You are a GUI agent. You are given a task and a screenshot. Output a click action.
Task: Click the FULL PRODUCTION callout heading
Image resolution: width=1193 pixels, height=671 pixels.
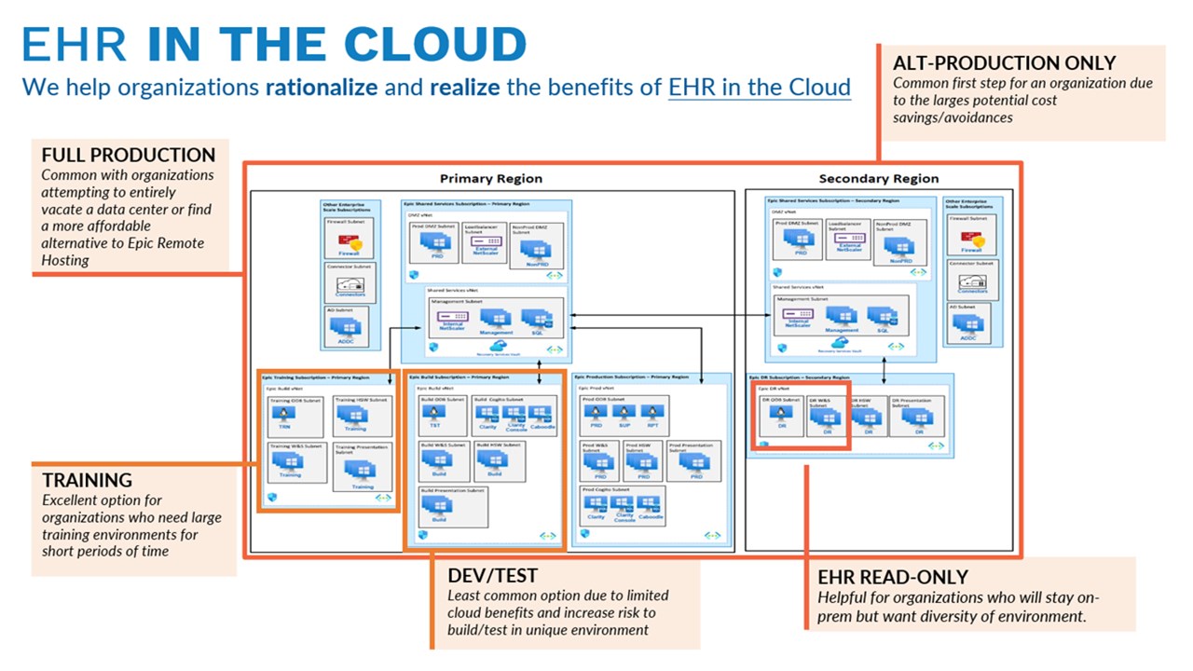tap(129, 155)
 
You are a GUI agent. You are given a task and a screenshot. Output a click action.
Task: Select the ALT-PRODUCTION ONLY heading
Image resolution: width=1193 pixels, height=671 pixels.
tap(1004, 63)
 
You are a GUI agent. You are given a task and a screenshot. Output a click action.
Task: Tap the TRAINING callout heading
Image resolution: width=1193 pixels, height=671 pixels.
tap(87, 480)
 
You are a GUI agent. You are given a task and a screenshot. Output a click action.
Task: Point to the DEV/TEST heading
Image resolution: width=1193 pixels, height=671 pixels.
tap(492, 576)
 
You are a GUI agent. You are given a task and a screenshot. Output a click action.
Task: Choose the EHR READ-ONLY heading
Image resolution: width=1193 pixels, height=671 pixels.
tap(893, 577)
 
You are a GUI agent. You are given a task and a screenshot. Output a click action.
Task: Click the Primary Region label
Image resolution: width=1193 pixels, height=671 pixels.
tap(490, 178)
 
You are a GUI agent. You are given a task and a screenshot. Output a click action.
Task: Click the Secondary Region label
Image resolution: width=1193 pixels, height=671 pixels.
tap(878, 178)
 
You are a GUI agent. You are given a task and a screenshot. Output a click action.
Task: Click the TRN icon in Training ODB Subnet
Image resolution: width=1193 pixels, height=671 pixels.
tap(284, 418)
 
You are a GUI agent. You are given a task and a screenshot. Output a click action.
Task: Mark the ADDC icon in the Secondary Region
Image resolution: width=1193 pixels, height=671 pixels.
tap(969, 327)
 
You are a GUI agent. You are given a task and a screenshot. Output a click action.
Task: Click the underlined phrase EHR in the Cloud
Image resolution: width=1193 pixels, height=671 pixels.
tap(759, 87)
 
